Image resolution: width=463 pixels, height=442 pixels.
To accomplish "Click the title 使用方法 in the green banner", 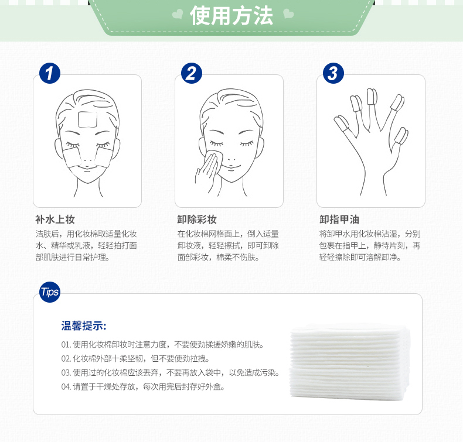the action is pos(231,16).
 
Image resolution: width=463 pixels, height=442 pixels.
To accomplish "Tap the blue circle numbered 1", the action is pos(50,73).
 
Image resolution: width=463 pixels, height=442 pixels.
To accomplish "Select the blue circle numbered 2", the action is pos(191,73).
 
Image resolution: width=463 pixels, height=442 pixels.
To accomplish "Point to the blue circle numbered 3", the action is pos(333,73).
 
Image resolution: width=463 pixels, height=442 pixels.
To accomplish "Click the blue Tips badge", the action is pos(50,292).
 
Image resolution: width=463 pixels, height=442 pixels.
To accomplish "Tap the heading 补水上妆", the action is pos(55,220).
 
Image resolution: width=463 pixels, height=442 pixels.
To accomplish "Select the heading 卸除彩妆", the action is pos(197,220).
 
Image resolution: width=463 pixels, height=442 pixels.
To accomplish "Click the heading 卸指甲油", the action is pos(339,220).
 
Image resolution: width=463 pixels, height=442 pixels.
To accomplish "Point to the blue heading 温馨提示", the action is pos(84,326).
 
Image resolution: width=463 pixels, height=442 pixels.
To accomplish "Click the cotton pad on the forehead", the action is pos(88,119).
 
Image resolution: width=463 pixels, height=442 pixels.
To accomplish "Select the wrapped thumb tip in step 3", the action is pos(342,124).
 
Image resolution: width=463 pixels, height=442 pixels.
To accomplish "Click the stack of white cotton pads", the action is pos(350,362).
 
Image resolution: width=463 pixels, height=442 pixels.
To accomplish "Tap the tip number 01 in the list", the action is pos(66,344).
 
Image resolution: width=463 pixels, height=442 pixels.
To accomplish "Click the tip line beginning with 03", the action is pos(171,373).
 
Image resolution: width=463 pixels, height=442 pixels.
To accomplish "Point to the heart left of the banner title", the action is pos(178,14).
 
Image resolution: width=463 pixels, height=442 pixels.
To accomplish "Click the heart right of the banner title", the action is pos(288,13).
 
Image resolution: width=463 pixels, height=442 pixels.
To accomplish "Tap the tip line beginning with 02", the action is pos(135,358).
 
